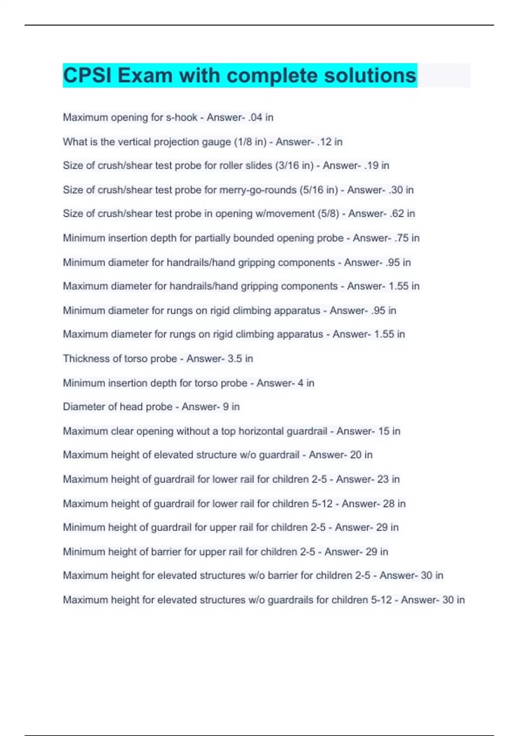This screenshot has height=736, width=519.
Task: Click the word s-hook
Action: [182, 117]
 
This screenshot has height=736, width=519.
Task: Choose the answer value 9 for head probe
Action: [225, 407]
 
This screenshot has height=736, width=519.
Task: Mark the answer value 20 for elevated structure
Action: [356, 455]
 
